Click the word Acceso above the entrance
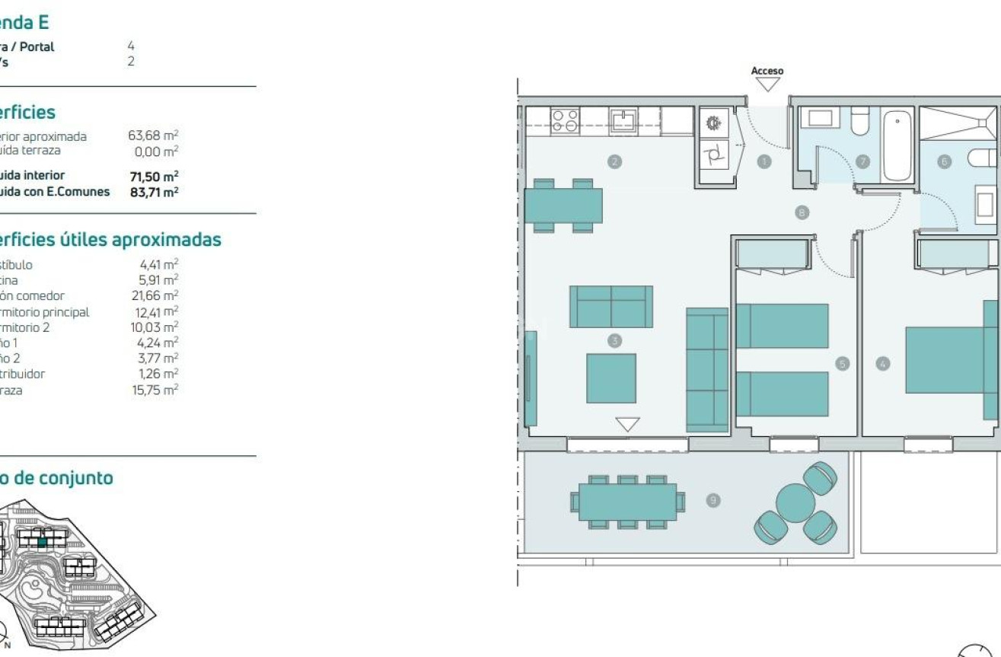coord(767,71)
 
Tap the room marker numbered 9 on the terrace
coord(713,500)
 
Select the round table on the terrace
coord(795,502)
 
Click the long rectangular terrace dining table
coord(627,502)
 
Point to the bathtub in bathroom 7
coord(900,144)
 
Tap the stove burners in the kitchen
coord(565,121)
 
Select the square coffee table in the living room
coord(610,378)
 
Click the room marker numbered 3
coord(615,341)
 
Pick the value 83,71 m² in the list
coord(154,192)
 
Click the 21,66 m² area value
coord(155,296)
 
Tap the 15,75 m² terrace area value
coord(155,390)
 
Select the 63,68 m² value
coord(153,136)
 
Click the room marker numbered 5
coord(841,364)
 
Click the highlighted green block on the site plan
coord(43,542)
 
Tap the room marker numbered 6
coord(945,161)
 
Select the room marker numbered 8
coord(801,213)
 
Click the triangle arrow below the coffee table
coord(627,424)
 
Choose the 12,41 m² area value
coord(155,312)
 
